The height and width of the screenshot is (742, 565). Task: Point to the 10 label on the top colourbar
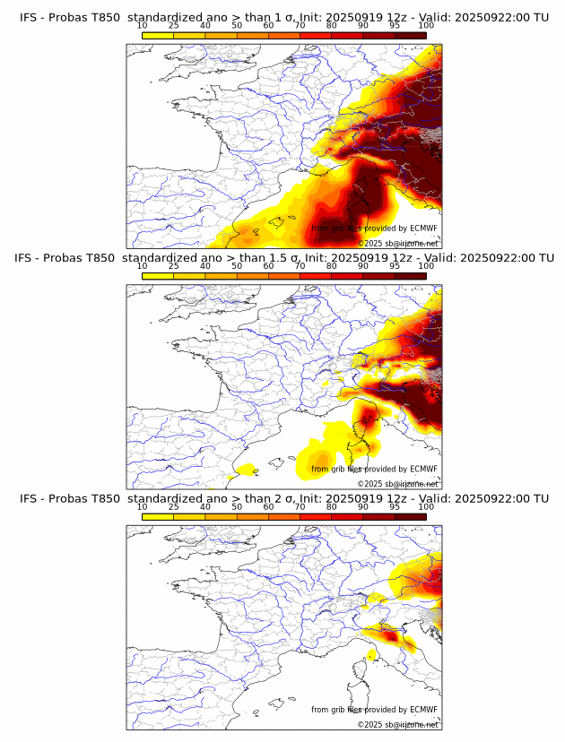tap(142, 25)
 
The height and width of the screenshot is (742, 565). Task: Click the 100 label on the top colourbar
tap(426, 25)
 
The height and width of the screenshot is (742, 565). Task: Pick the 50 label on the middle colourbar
tap(237, 266)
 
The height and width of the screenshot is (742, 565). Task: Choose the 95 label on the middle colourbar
tap(395, 266)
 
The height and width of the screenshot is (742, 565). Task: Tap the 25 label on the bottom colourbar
tap(173, 506)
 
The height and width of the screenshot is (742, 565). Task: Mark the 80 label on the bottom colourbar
tap(331, 506)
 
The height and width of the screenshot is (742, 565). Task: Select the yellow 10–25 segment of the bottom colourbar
tap(157, 516)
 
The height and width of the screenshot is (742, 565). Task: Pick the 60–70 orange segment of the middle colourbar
tap(283, 275)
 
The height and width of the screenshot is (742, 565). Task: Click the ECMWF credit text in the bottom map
tap(374, 710)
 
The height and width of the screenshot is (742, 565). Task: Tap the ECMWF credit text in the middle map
tap(374, 469)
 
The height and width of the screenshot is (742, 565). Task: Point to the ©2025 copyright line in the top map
tap(398, 243)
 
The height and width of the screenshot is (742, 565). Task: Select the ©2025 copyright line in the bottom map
tap(398, 724)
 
